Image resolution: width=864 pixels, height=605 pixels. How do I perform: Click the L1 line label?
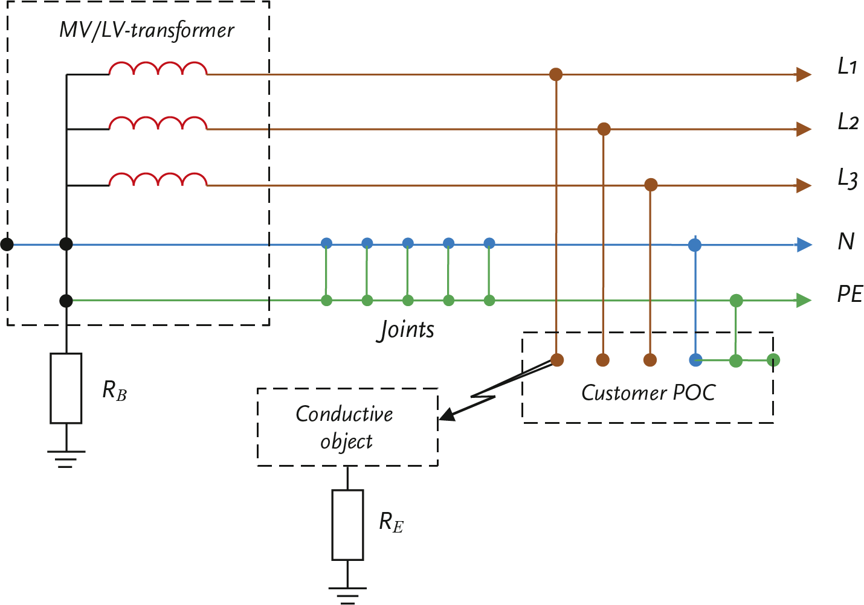pos(847,66)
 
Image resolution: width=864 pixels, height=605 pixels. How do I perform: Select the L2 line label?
pos(848,122)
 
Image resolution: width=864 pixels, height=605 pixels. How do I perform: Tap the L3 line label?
pos(848,179)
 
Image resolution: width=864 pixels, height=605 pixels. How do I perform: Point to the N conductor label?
pos(846,242)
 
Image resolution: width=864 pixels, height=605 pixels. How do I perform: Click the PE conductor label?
pos(849,295)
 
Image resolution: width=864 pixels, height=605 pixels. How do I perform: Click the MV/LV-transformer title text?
pos(146,30)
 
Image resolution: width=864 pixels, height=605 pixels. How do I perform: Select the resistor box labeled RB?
pos(66,388)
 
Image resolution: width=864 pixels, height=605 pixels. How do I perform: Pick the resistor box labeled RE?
pos(347,525)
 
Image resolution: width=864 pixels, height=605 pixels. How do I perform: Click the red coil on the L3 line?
pos(158,179)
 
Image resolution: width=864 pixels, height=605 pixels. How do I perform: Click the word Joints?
pos(406,330)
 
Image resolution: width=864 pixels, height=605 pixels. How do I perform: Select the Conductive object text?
pos(345,427)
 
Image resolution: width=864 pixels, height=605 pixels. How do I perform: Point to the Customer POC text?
pos(648,393)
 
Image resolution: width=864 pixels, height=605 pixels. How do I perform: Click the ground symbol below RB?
pos(66,458)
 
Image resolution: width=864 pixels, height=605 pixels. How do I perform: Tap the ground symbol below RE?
pos(347,595)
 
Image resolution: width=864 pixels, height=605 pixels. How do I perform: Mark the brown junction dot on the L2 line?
pos(603,129)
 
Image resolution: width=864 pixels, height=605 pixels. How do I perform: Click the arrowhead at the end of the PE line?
pos(804,300)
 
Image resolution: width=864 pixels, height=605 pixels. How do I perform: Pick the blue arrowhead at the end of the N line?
pos(804,245)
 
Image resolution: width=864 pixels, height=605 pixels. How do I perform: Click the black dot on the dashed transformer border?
pos(7,244)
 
